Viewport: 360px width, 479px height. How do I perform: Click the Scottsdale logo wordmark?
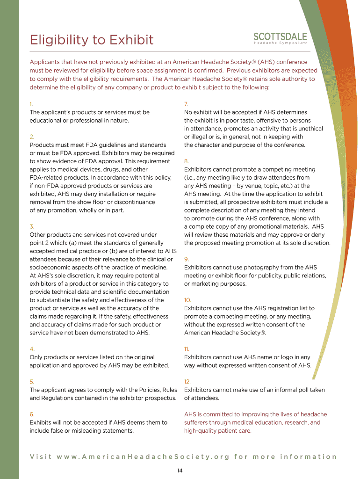(280, 36)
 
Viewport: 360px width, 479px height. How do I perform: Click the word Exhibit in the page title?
(131, 40)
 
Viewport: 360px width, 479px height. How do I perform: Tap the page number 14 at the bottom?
(180, 470)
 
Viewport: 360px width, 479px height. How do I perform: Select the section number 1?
(31, 104)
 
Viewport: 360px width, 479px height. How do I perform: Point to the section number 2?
(32, 137)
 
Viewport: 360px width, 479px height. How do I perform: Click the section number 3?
(32, 226)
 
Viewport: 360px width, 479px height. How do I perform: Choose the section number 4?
(32, 349)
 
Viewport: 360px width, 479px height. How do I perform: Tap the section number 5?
(32, 382)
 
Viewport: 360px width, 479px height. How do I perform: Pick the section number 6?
(32, 414)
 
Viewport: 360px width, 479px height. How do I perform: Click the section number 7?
(186, 104)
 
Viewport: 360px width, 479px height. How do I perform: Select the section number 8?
(186, 161)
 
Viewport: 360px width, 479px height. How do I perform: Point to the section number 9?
(186, 259)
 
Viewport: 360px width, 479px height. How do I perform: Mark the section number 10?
(187, 300)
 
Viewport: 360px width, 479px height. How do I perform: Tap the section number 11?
(187, 349)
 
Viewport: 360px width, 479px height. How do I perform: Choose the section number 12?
(187, 382)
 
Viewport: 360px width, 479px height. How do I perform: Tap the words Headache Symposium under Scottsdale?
(280, 44)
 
